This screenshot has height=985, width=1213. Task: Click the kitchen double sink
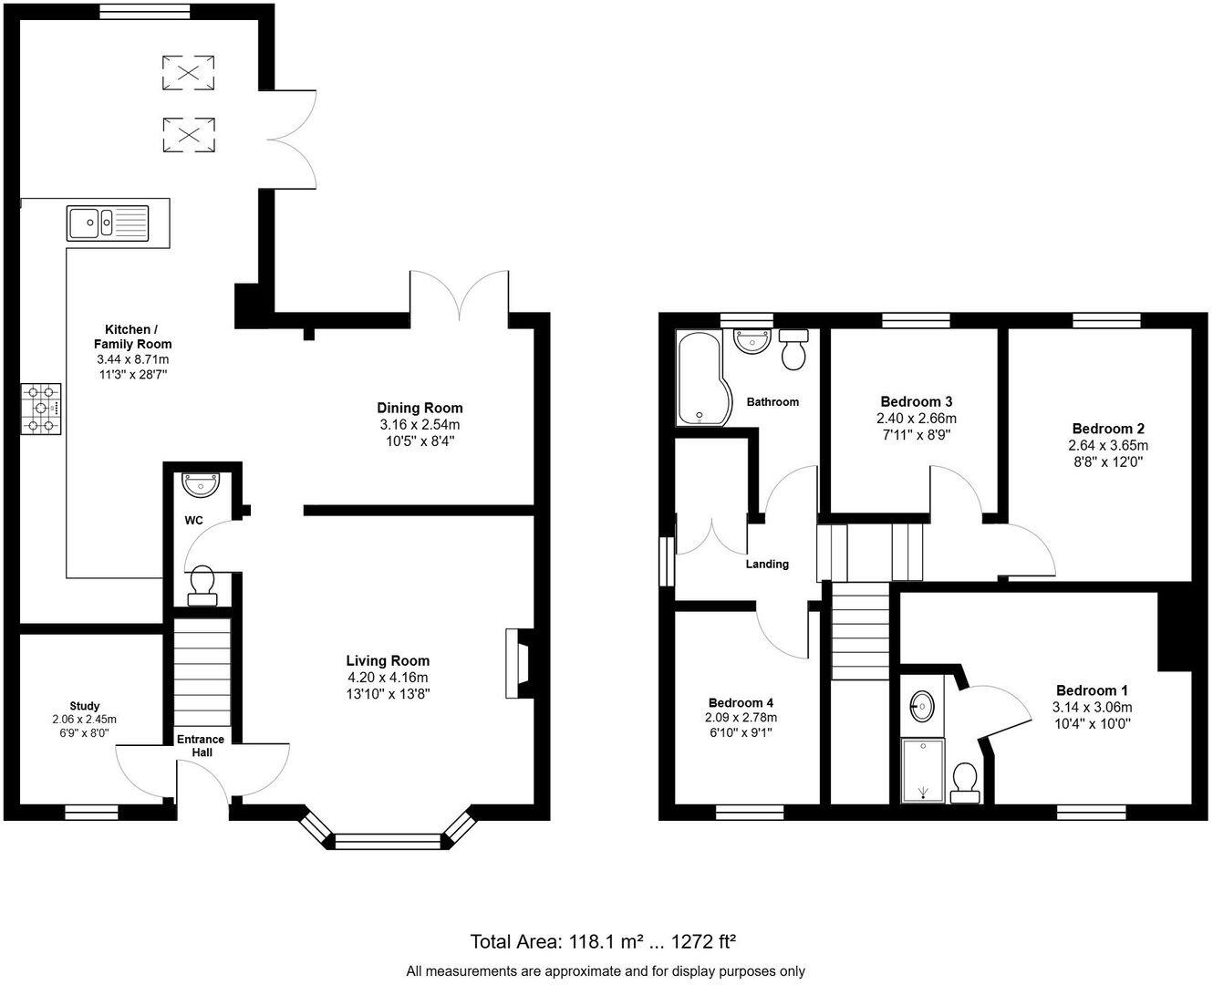107,222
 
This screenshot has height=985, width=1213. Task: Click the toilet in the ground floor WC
202,585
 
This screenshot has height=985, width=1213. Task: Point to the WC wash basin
199,484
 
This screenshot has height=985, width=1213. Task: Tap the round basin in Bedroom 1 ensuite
923,704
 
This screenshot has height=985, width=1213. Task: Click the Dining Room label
420,408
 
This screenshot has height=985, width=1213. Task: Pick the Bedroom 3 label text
917,401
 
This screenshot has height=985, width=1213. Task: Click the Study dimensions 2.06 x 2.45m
85,720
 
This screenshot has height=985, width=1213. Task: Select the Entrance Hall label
202,745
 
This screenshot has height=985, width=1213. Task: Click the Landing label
767,564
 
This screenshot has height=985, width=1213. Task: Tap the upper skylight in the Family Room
189,73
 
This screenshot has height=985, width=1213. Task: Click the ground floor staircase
202,671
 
